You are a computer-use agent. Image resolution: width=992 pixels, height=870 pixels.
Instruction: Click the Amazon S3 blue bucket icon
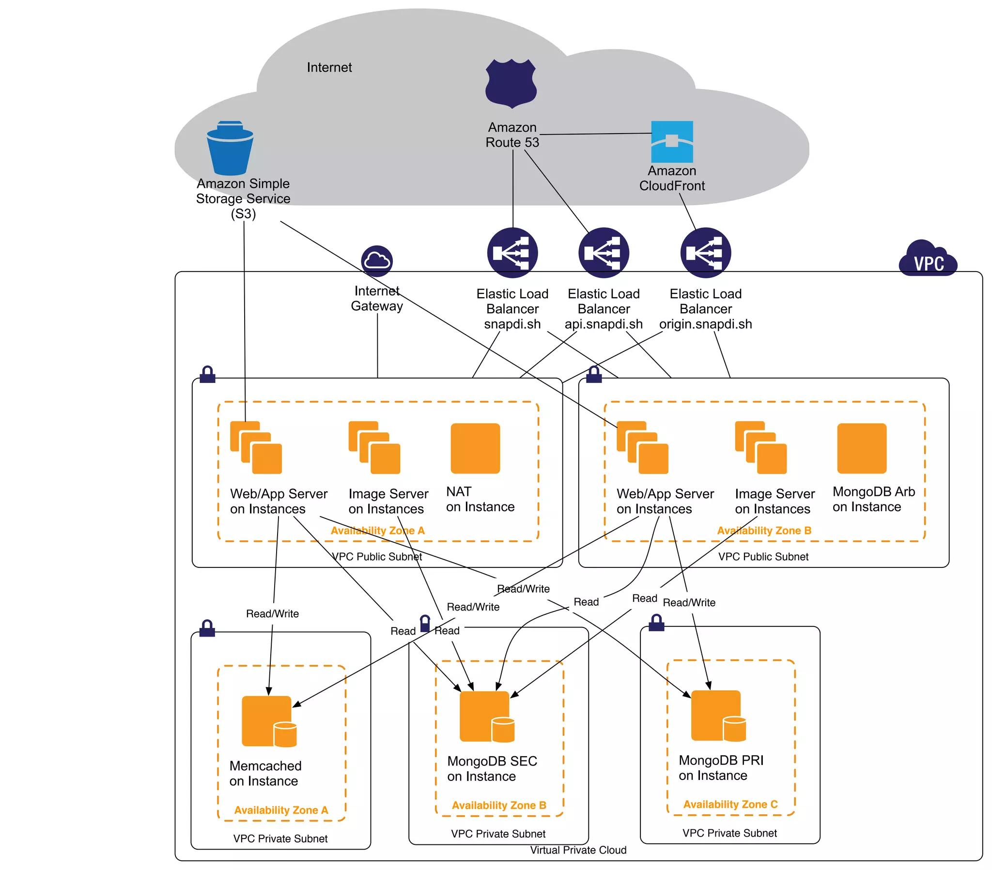(230, 148)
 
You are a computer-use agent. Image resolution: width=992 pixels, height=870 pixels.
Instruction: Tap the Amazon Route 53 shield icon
(511, 83)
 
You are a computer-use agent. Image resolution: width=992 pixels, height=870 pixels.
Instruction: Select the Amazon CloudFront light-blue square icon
(672, 141)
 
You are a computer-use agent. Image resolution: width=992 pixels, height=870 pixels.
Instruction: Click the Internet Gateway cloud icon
(377, 261)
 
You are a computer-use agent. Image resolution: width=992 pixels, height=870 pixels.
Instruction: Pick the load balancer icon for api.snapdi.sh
(603, 252)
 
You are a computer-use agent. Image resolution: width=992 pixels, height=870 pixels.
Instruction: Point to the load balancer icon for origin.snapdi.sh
(705, 252)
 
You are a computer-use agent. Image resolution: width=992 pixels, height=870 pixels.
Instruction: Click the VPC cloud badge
(928, 259)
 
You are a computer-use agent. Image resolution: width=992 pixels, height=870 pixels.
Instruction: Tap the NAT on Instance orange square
(475, 448)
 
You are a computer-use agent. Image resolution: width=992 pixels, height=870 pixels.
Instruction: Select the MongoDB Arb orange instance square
(861, 448)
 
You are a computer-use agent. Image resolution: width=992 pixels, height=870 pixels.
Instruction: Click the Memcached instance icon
(268, 721)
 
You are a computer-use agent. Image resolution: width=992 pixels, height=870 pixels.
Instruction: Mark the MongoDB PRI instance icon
(717, 715)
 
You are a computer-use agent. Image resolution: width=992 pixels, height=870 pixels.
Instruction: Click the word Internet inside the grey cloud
(329, 67)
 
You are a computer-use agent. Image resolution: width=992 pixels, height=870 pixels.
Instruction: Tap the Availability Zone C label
(730, 804)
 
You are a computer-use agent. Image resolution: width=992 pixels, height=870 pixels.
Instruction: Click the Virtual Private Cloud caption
(577, 850)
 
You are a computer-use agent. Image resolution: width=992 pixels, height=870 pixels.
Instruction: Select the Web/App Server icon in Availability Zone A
(256, 447)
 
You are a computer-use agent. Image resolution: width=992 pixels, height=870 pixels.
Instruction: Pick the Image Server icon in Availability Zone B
(760, 447)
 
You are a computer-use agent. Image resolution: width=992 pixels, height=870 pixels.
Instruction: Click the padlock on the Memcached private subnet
(207, 628)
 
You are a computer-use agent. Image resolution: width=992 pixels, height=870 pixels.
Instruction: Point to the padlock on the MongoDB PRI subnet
(656, 623)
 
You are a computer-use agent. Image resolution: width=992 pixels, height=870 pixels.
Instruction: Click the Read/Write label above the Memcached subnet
(272, 613)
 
